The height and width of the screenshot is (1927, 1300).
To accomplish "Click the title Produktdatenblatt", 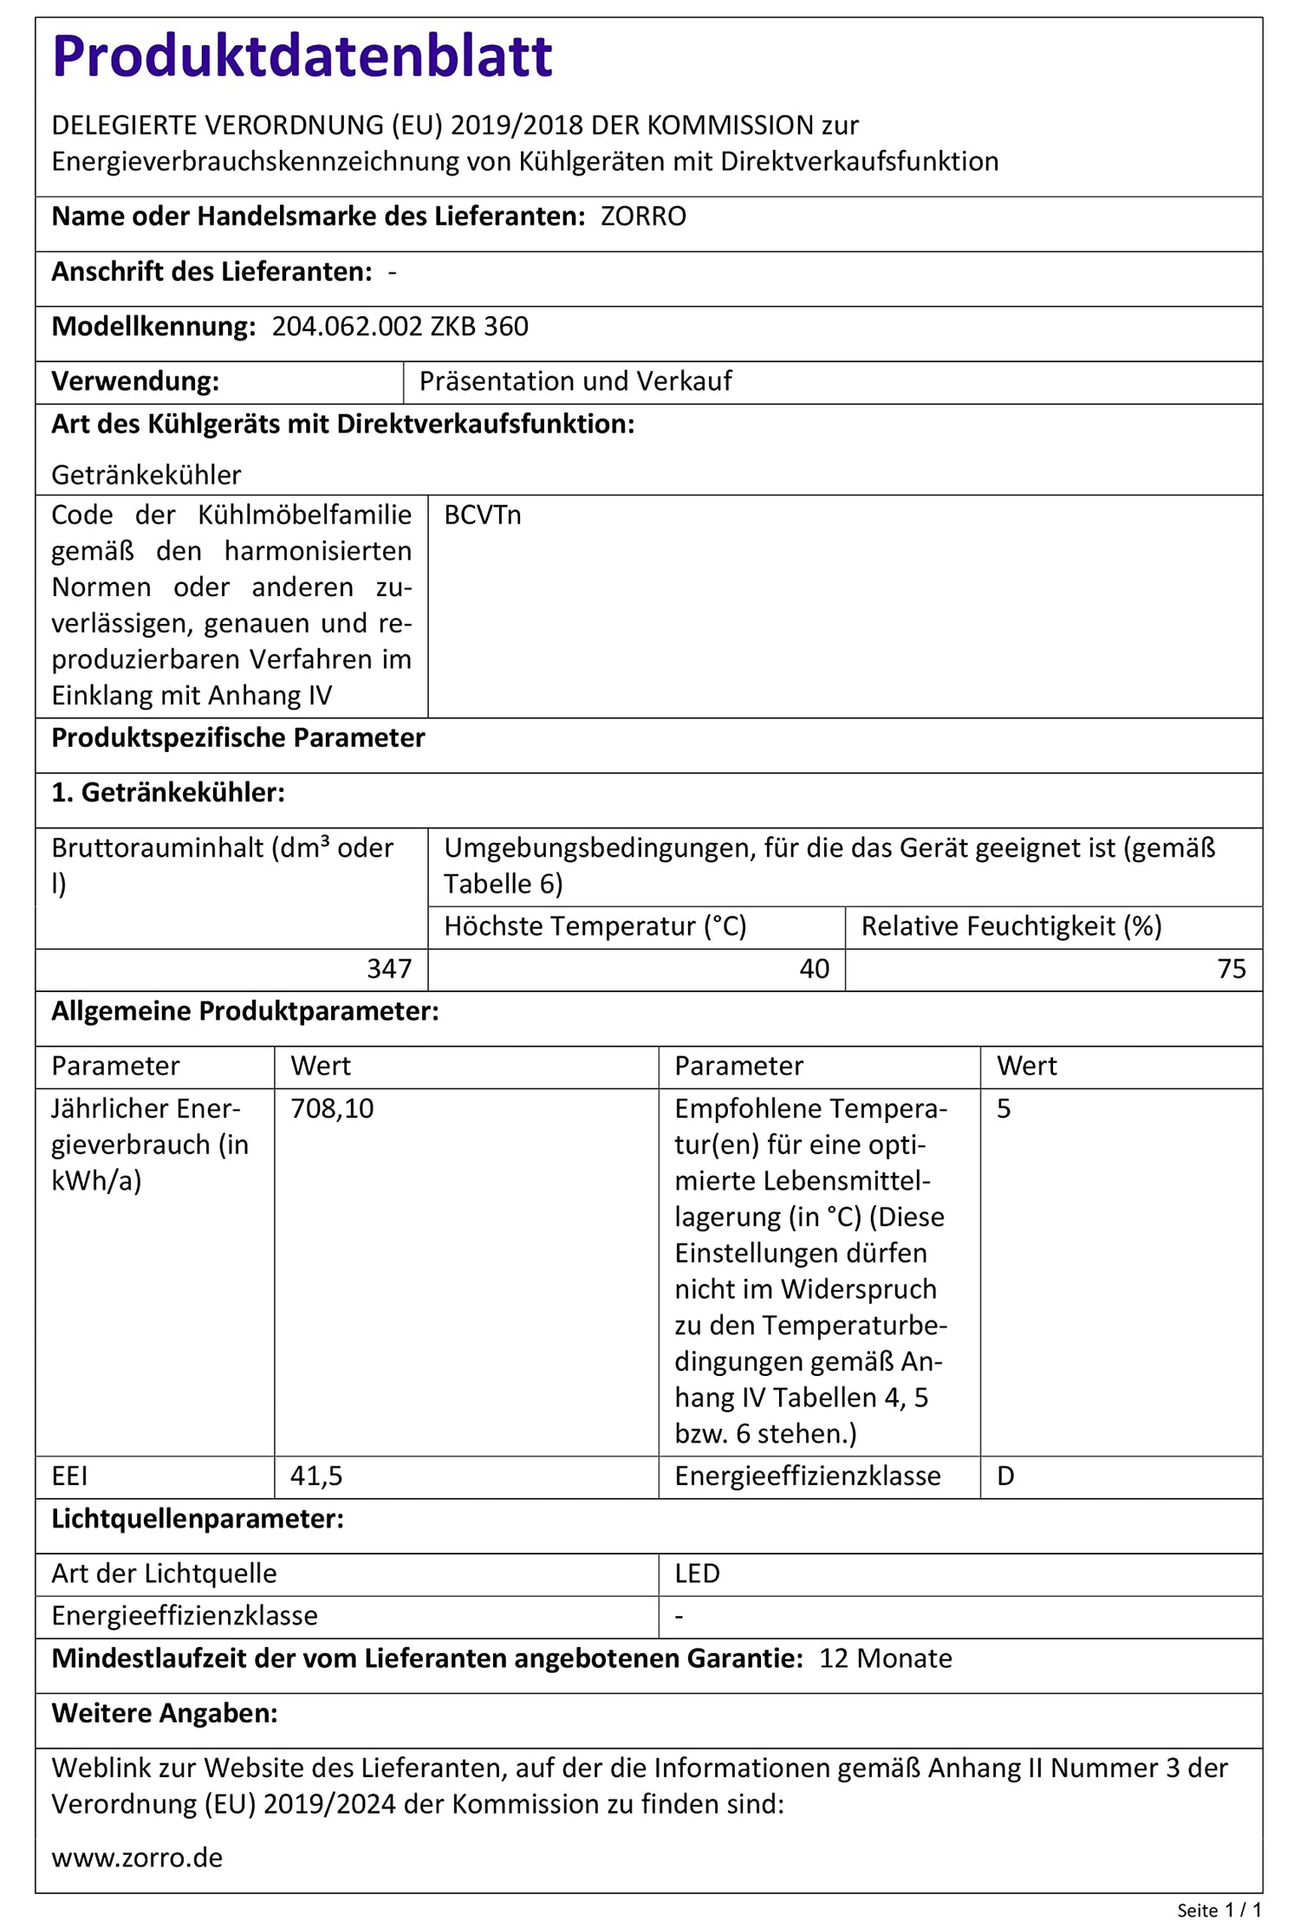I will pos(302,56).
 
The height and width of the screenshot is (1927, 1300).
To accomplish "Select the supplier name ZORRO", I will pos(643,217).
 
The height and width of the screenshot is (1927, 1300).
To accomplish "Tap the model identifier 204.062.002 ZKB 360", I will pos(400,327).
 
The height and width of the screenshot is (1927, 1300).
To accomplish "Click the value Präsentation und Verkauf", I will pos(575,381).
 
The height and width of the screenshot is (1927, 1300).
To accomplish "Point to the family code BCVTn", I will pos(482,516).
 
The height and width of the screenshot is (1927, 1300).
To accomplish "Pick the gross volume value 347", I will pos(389,969).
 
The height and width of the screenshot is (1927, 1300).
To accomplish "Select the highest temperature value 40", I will pos(814,969).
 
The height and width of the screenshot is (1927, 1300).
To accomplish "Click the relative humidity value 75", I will pos(1231,969).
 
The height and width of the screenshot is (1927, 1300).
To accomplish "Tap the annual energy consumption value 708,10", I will pos(332,1109).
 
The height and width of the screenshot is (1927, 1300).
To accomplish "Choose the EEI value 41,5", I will pos(316,1476).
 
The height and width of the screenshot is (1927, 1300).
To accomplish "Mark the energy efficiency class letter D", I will pos(1005,1476).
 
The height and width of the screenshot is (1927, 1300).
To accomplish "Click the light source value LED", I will pos(697,1573).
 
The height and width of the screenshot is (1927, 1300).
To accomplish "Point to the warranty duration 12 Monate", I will pos(885,1658).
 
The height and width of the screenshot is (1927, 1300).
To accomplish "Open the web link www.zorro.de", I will pos(137,1858).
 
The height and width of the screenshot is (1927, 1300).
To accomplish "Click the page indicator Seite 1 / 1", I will pos(1219,1910).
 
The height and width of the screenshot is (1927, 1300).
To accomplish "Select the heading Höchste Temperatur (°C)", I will pos(595,926).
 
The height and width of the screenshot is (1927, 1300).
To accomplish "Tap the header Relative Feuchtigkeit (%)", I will pos(1011,926).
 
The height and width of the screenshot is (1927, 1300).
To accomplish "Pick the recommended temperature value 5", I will pos(1004,1109).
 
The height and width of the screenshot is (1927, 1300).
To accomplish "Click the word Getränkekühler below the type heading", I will pos(146,475).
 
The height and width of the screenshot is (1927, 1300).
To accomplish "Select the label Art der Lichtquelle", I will pos(164,1573).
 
